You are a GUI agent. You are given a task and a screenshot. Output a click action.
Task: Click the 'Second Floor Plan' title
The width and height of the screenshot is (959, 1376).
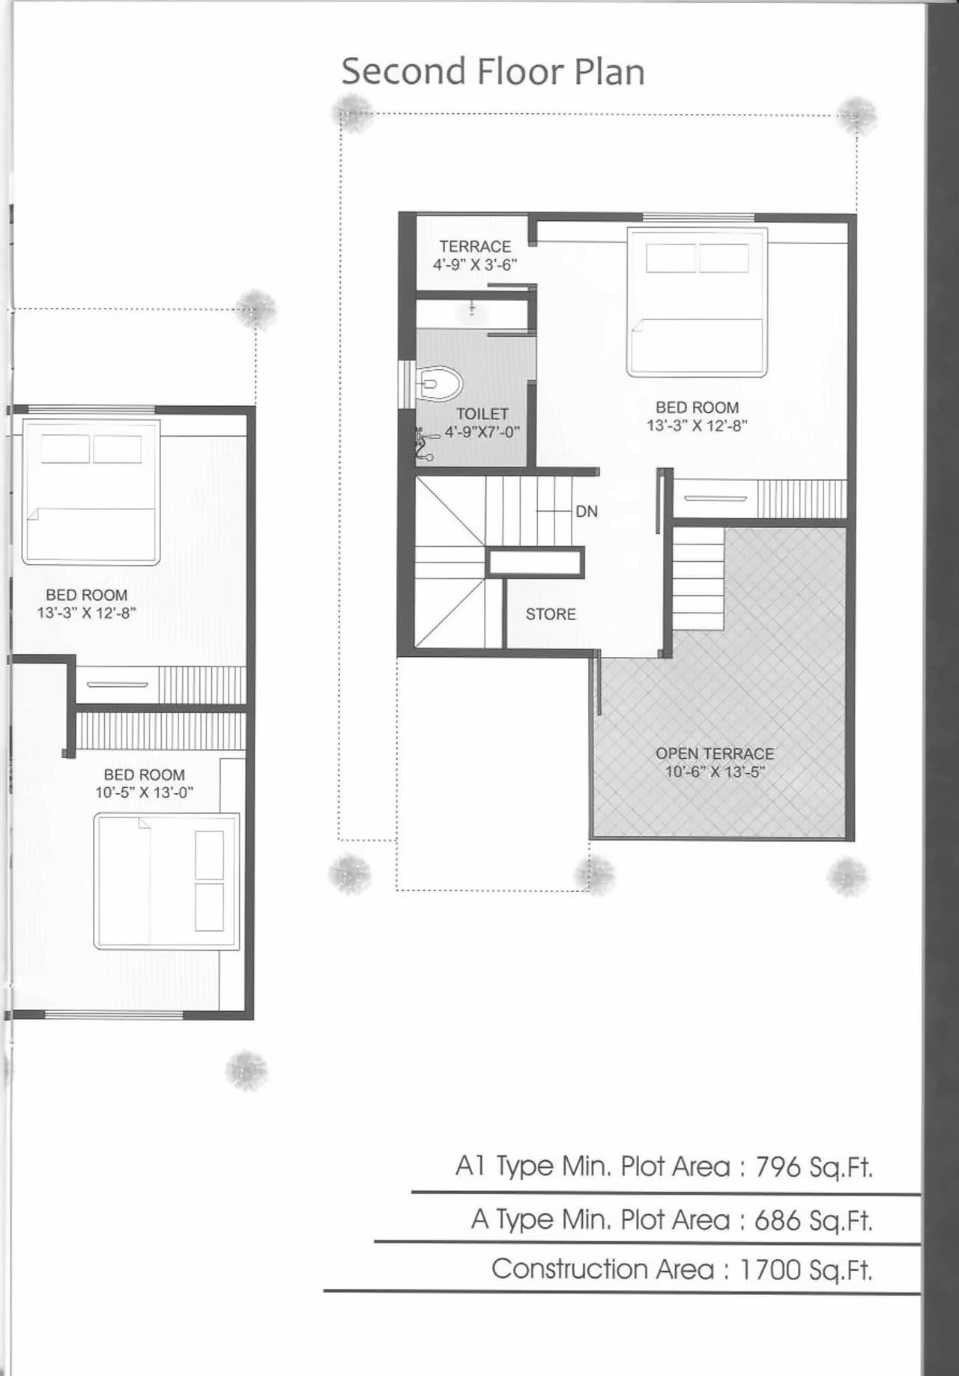[492, 72]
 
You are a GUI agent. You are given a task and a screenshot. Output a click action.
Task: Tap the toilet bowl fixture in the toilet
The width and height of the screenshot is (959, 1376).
[439, 384]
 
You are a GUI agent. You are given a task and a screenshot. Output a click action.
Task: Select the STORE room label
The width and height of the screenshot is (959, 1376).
[551, 614]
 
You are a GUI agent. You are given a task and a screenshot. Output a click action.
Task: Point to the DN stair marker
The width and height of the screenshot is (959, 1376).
[587, 512]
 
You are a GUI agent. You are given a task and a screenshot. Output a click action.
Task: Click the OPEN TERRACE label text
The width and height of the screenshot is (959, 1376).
[715, 754]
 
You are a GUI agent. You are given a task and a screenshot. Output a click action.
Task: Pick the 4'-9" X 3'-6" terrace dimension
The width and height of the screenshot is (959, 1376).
[475, 264]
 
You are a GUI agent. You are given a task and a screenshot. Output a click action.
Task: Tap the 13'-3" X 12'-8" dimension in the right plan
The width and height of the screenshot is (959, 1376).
[697, 425]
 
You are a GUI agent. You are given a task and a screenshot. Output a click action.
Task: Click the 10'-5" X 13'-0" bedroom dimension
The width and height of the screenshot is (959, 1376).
[144, 792]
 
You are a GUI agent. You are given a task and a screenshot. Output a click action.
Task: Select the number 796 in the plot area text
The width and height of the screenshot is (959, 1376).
[778, 1167]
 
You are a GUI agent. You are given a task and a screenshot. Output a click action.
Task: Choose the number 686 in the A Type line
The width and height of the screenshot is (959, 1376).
[778, 1220]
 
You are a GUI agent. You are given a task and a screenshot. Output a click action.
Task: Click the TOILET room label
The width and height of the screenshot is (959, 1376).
[482, 413]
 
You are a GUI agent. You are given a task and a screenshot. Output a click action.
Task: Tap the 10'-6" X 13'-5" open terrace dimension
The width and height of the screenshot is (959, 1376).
[715, 772]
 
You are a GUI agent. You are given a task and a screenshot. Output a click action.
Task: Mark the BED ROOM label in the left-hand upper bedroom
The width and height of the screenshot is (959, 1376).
[86, 595]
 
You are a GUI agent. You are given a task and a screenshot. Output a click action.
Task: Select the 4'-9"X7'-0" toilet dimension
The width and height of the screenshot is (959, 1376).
[482, 432]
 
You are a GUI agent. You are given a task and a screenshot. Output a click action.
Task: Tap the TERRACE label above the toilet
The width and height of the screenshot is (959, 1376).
[475, 246]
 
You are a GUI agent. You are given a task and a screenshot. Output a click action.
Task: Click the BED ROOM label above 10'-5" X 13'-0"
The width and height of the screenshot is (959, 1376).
[144, 775]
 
